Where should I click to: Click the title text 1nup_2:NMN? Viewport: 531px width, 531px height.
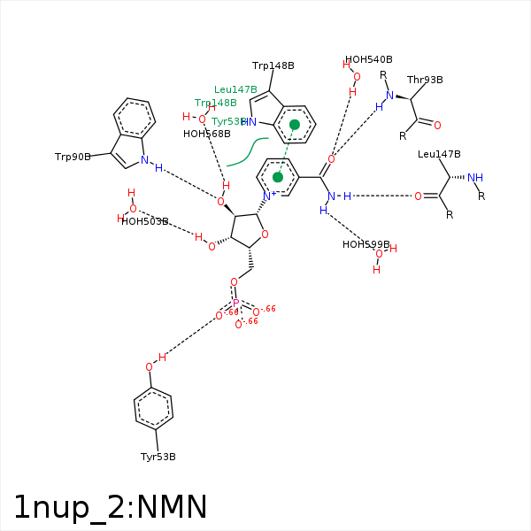click(x=111, y=507)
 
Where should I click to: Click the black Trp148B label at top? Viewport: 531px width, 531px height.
click(x=273, y=65)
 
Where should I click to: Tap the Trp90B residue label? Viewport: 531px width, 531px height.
click(x=73, y=157)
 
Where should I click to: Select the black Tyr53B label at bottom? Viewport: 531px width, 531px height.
click(x=158, y=457)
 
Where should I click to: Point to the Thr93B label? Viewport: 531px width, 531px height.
click(x=425, y=80)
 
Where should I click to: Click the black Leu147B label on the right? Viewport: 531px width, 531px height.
click(x=440, y=155)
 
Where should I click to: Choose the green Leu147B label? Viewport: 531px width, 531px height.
click(x=235, y=89)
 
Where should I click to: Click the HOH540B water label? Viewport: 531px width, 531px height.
click(x=369, y=59)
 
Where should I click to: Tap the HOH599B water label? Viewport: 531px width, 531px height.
click(x=366, y=244)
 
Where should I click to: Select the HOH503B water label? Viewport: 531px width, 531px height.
click(x=145, y=221)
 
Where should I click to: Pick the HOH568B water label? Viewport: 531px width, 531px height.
click(x=207, y=135)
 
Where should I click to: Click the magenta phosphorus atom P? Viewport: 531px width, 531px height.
click(x=236, y=303)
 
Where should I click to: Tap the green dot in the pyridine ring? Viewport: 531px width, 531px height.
click(x=278, y=177)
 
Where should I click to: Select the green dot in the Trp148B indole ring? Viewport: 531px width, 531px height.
click(x=295, y=125)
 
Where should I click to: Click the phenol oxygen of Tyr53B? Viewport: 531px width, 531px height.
click(x=150, y=366)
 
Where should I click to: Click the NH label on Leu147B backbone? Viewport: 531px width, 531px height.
click(x=475, y=178)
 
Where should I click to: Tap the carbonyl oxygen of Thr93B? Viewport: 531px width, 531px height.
click(x=437, y=125)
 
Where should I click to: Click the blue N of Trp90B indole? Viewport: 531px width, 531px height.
click(x=144, y=160)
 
